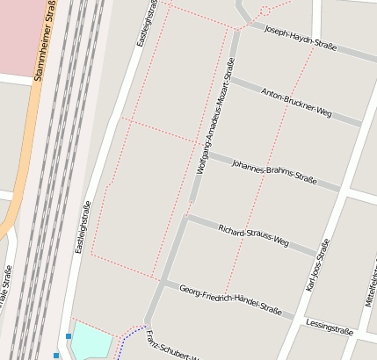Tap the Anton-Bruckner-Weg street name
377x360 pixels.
296,102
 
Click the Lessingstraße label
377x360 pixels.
330,328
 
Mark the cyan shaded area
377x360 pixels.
91,341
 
